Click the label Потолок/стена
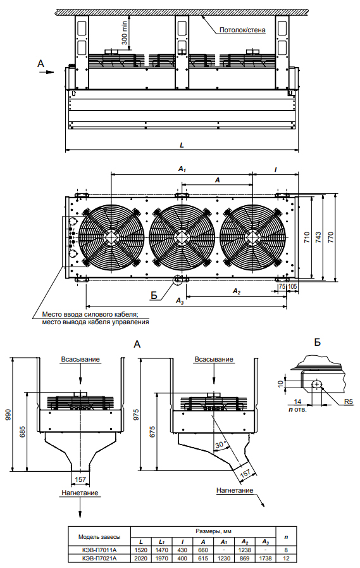click(x=242, y=30)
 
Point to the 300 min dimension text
click(x=125, y=33)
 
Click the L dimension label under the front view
click(x=182, y=145)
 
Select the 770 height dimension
click(x=331, y=237)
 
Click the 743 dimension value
click(x=318, y=237)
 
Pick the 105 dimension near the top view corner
click(x=293, y=287)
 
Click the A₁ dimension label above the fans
click(x=182, y=169)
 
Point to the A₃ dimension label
click(x=180, y=301)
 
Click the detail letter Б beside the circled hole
click(x=154, y=295)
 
